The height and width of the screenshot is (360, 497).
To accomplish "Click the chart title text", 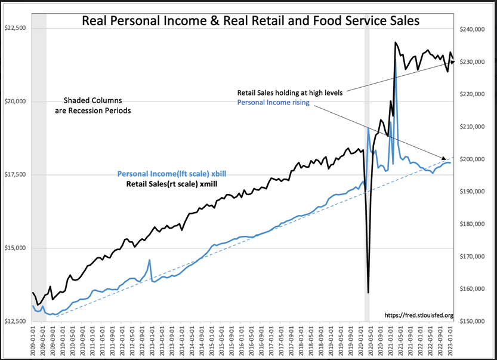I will point(250,21).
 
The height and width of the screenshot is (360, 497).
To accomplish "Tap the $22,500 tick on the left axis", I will point(16,28).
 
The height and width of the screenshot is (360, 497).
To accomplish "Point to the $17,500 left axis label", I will point(16,174).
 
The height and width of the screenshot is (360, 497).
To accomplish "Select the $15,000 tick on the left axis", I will point(16,248).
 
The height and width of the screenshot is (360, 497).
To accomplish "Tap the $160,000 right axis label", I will point(471,289).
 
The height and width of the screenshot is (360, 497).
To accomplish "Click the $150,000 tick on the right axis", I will point(471,321).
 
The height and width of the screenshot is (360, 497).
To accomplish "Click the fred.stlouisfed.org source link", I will point(419,315).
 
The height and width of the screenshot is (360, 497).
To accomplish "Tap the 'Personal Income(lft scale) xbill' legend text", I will point(171,174).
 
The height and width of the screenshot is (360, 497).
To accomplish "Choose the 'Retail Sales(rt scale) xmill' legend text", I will point(171,184).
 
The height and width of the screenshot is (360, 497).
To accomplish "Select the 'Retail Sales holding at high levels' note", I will point(290,93).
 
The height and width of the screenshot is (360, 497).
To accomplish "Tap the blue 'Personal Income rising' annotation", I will point(274,103).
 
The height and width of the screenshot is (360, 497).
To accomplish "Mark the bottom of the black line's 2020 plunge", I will point(368,292).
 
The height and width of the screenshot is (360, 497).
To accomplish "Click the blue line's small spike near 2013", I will point(149,260).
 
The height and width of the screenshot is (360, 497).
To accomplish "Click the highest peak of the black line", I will point(395,42).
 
